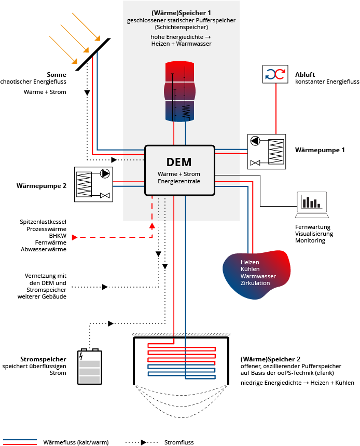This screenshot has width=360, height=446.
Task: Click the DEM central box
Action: [179, 170]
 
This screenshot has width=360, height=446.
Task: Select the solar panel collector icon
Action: [93, 54]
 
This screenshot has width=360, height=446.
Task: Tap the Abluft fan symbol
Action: [275, 74]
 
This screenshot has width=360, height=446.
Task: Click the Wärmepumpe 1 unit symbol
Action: [267, 151]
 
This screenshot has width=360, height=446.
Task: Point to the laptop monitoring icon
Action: [312, 205]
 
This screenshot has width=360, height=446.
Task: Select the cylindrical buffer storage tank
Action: [181, 91]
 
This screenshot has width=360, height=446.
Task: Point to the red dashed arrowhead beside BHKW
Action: [76, 237]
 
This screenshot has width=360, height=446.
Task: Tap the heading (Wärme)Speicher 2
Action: [270, 359]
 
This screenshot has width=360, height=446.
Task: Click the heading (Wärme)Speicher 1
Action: [181, 12]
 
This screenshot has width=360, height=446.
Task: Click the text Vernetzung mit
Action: [46, 276]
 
